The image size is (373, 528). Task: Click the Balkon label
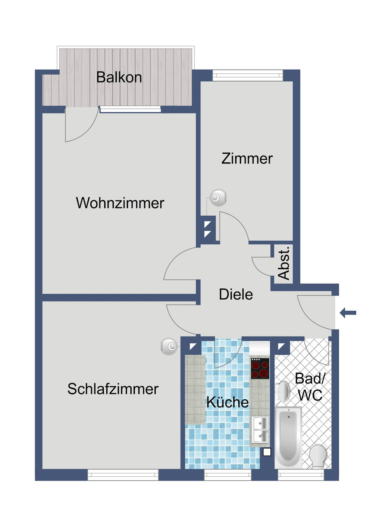pos(119,77)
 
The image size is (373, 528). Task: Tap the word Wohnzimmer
pos(120,203)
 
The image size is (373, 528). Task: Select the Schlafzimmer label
pos(113,389)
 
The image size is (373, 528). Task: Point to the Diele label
pos(236,294)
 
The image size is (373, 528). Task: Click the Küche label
pos(227,402)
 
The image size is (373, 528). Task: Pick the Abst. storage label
pos(284,263)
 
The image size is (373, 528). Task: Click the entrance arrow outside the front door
pos(348,313)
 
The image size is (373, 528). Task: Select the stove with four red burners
pos(260,368)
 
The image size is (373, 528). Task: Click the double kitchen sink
pos(260,429)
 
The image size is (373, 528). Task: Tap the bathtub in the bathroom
pos(288,437)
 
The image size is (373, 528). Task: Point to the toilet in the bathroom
pos(318,456)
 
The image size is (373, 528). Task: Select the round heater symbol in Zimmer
pos(218,197)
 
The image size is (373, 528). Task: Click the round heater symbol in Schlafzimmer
pos(169,347)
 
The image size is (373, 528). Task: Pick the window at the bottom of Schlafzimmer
pos(123,475)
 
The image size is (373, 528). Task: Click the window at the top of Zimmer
pos(248,76)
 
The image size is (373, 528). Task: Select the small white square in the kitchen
pos(267,452)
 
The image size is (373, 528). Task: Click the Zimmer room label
pos(247,159)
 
